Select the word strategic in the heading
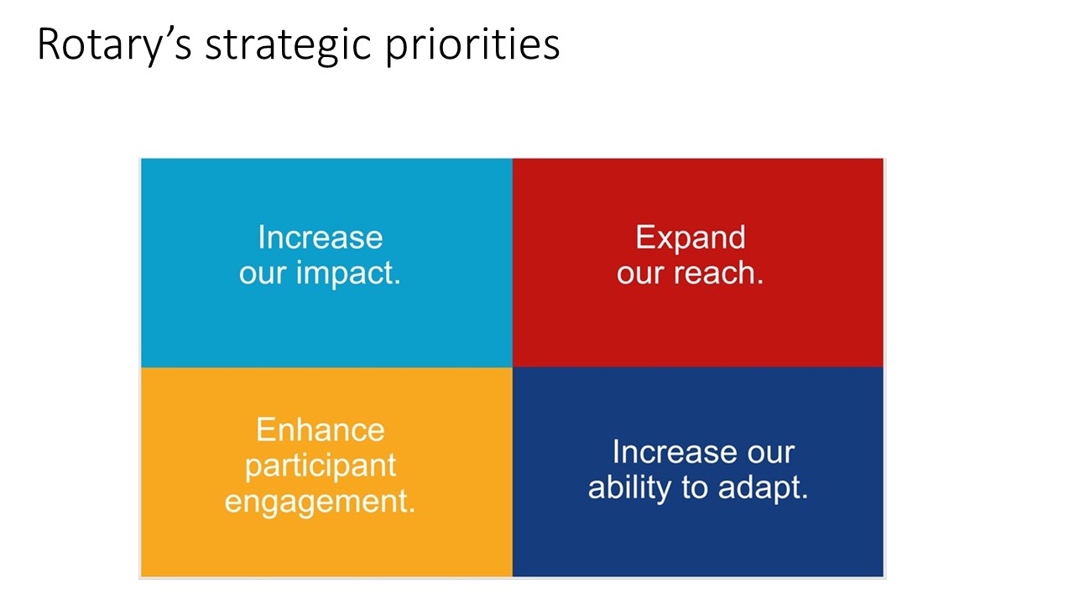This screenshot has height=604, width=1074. coord(289,45)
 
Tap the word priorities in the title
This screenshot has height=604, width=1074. coord(472,45)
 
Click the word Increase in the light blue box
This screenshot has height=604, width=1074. coord(321,237)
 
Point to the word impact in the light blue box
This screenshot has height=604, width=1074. coord(348,273)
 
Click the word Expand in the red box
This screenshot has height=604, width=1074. coord(691,237)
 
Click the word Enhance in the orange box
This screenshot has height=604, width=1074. coord(321,430)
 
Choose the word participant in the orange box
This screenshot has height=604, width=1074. coord(321,466)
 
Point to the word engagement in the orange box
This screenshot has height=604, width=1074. coord(320,502)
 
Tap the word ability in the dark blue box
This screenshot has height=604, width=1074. coord(629,488)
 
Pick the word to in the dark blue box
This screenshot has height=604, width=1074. coord(694,489)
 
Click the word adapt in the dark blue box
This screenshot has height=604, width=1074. coord(763,488)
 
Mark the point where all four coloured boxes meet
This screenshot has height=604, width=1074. coord(513,367)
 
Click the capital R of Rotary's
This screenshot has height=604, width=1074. coord(49,44)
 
